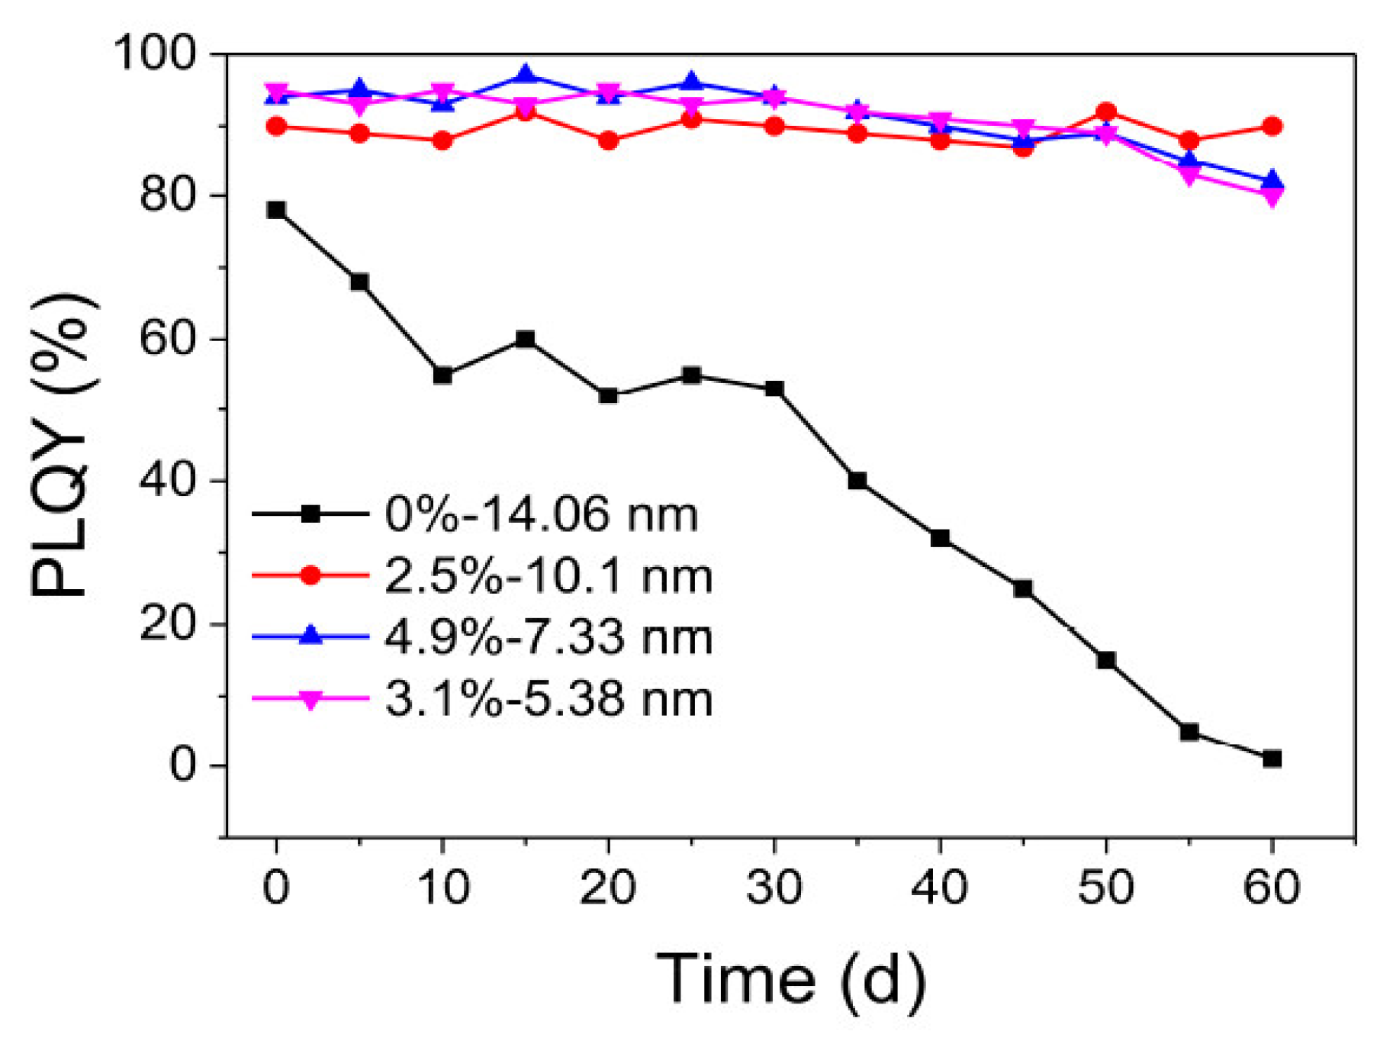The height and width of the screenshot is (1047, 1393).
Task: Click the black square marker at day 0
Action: click(276, 210)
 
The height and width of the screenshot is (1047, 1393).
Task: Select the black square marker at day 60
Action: click(1272, 759)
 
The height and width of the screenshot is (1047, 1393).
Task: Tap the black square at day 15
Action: click(525, 339)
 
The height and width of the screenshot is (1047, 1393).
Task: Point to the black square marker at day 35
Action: click(857, 481)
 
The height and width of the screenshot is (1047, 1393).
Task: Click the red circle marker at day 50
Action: click(1105, 112)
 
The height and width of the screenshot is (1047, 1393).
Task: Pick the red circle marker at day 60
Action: click(1272, 126)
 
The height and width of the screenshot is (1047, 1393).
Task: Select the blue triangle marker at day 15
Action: click(525, 76)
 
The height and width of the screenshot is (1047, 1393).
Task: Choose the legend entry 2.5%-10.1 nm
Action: click(549, 575)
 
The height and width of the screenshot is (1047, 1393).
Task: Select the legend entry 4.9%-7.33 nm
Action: click(549, 636)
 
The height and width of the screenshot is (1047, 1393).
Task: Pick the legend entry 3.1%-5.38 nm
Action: click(549, 698)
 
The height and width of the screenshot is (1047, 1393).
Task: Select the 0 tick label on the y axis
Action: click(184, 765)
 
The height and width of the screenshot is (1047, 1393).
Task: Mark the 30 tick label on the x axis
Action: click(774, 888)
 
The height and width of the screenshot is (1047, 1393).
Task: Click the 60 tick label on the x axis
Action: click(1272, 888)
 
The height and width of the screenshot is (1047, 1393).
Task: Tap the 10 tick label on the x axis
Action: click(442, 888)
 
